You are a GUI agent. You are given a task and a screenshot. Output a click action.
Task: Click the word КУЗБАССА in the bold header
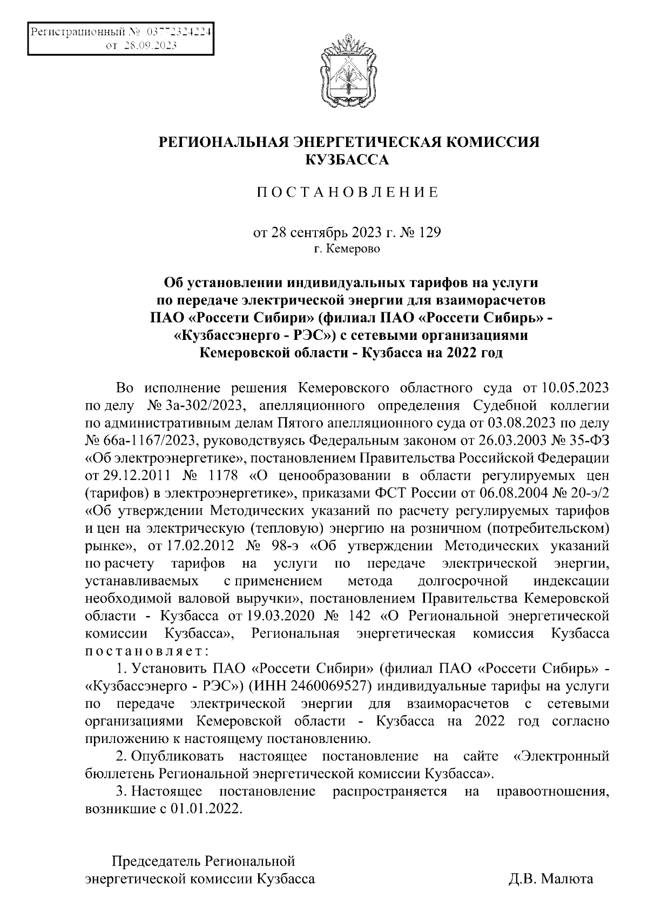[x=347, y=159]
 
